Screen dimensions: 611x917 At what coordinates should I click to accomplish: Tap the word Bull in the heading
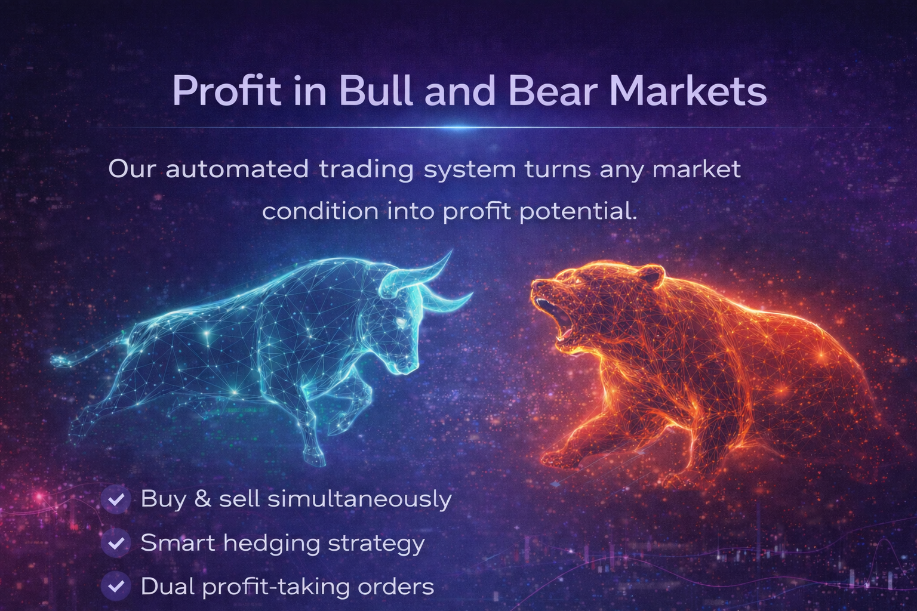click(376, 91)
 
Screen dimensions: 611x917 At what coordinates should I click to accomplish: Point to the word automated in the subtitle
click(237, 169)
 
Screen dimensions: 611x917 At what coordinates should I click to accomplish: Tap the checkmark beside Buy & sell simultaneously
click(116, 499)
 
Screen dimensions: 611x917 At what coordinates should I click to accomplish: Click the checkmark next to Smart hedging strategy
click(116, 543)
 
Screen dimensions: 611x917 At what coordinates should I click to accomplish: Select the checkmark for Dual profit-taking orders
click(116, 587)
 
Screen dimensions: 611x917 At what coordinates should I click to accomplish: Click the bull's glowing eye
click(398, 323)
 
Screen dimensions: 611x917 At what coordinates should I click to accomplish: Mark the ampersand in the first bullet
click(202, 499)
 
